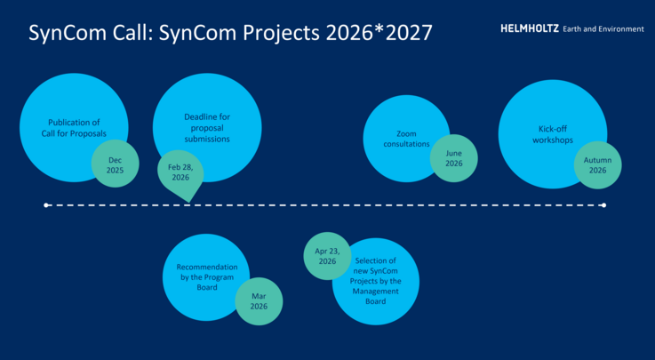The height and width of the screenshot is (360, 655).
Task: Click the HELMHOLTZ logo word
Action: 529,28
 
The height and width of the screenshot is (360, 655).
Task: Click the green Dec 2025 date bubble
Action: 116,164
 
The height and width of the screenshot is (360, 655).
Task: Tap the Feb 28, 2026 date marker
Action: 180,172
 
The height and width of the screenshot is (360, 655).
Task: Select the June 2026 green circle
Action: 453,158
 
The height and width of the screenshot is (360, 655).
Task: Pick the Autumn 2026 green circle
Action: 596,164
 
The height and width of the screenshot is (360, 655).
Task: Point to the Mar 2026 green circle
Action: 259,300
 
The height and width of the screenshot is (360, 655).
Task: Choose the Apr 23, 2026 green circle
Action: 327,256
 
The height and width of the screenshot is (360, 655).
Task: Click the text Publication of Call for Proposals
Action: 76,127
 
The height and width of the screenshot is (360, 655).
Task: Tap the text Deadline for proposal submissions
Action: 207,128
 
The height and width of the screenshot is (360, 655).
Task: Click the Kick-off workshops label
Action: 552,134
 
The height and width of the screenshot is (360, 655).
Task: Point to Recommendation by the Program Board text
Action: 206,277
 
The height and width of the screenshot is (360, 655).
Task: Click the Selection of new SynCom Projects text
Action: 375,281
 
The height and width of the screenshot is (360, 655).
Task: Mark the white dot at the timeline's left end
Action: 46,205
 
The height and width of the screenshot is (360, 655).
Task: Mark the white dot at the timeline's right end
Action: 603,205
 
